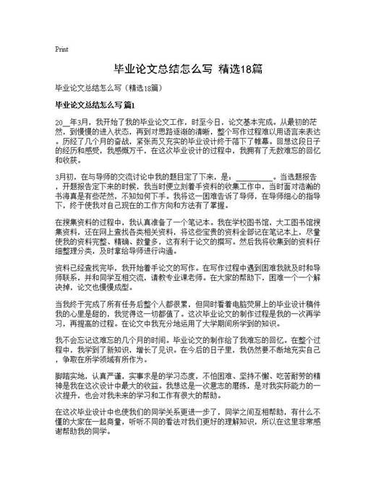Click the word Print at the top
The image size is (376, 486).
(x=61, y=50)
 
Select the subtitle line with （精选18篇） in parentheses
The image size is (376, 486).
(x=113, y=88)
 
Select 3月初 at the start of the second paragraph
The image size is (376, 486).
(x=65, y=176)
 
